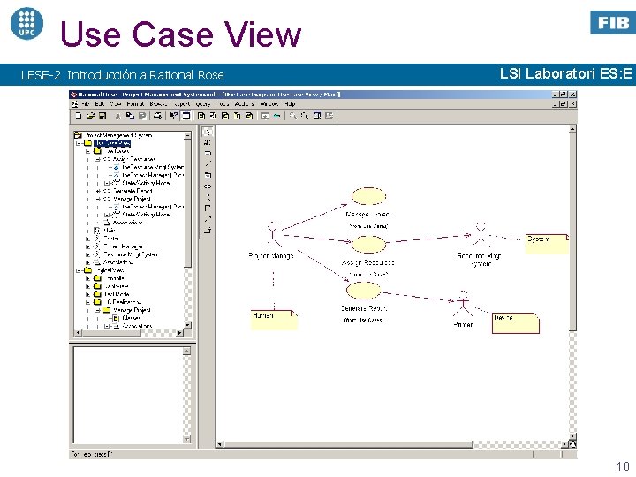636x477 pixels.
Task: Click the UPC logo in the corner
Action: [x=26, y=22]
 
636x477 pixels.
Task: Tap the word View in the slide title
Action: [x=262, y=34]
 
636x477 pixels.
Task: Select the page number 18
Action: [x=622, y=466]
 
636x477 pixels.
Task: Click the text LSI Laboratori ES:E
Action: [x=565, y=74]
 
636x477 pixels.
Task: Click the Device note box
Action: [x=515, y=322]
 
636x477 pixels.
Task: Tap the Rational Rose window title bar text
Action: [x=177, y=94]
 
